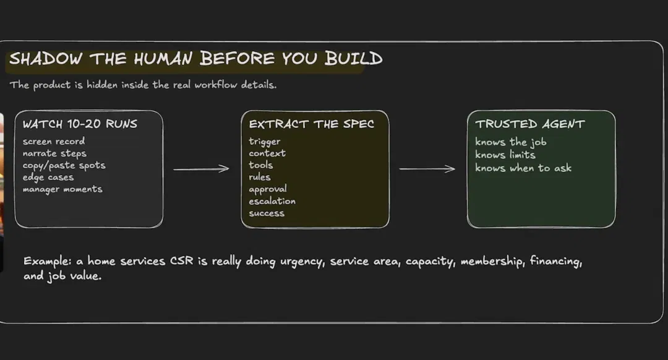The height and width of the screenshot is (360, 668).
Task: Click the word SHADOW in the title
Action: pos(46,59)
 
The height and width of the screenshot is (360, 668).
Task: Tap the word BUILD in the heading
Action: pos(354,58)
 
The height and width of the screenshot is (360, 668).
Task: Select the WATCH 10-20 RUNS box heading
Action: pos(80,124)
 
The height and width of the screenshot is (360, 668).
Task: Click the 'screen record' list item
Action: pos(54,141)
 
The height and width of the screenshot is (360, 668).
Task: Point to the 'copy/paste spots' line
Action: pos(64,165)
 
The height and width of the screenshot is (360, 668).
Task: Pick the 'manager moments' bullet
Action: pos(62,189)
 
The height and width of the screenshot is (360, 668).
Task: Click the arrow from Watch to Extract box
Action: pos(201,169)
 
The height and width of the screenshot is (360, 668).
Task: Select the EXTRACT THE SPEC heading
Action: pos(311,124)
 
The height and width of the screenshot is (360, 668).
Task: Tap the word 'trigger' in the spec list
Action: pos(265,142)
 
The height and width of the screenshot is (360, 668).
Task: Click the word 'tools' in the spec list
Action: pos(261,165)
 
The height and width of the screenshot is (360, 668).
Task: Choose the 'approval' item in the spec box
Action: pos(268,189)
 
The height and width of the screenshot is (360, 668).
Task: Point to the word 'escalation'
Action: pos(272,201)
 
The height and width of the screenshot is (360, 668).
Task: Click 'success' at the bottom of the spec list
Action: pos(267,213)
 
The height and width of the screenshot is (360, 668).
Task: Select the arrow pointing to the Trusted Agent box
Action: pos(427,169)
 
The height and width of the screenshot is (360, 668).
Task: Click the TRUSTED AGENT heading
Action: pos(531,124)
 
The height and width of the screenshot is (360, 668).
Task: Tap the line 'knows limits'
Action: pos(505,155)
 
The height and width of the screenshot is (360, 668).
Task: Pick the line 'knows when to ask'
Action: pos(523,168)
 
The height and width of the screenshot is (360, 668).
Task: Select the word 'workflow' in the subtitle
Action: pos(216,85)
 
